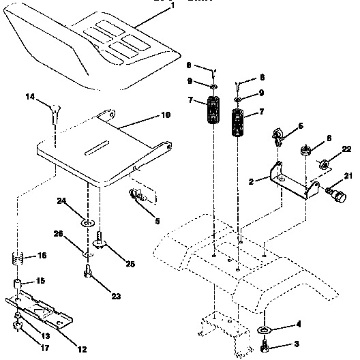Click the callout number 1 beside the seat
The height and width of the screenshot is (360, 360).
click(x=172, y=5)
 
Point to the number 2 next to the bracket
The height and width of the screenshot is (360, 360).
click(x=251, y=183)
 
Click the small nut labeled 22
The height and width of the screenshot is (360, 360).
click(x=325, y=163)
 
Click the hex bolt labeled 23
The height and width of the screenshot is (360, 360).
click(x=88, y=274)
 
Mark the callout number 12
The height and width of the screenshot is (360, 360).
click(x=82, y=331)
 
